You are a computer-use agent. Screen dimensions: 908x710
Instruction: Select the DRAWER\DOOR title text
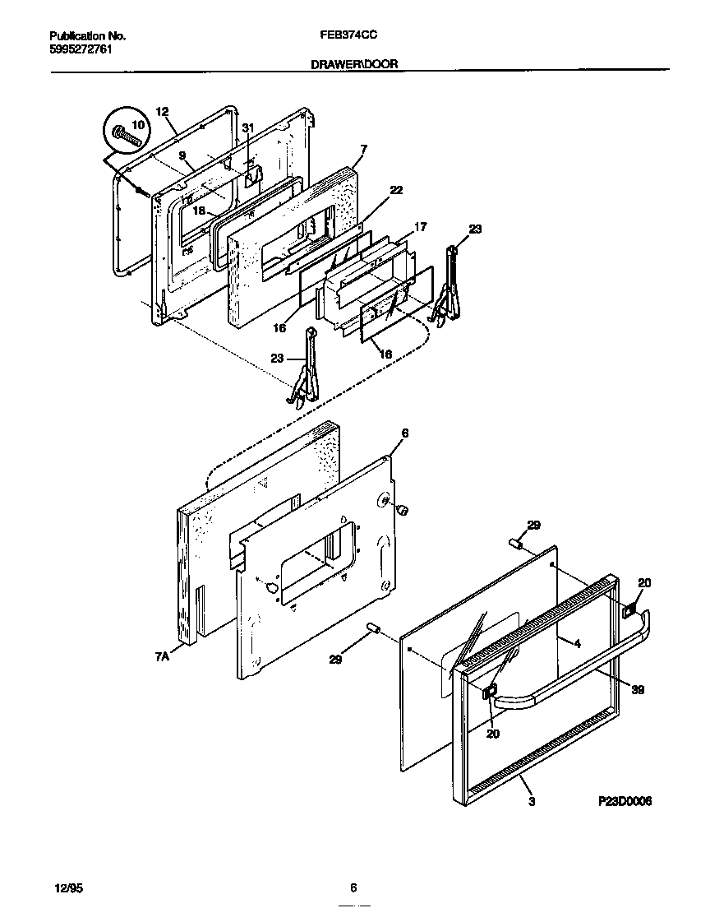coord(354,63)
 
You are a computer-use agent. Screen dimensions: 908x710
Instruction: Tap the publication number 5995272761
coord(81,49)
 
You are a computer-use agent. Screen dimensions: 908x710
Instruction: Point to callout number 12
coord(161,111)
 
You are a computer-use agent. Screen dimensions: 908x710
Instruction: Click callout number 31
coord(248,127)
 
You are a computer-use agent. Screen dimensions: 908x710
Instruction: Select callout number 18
coord(198,211)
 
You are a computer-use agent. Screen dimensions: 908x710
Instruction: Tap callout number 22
coord(396,190)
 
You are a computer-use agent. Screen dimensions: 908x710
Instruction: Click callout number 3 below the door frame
coord(532,801)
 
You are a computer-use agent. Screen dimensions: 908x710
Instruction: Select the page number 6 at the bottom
coord(353,887)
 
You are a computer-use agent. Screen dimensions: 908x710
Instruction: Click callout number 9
coord(182,155)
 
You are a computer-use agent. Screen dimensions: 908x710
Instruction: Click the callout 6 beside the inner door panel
coord(404,433)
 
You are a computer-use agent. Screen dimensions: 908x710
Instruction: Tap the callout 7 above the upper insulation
coord(363,149)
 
